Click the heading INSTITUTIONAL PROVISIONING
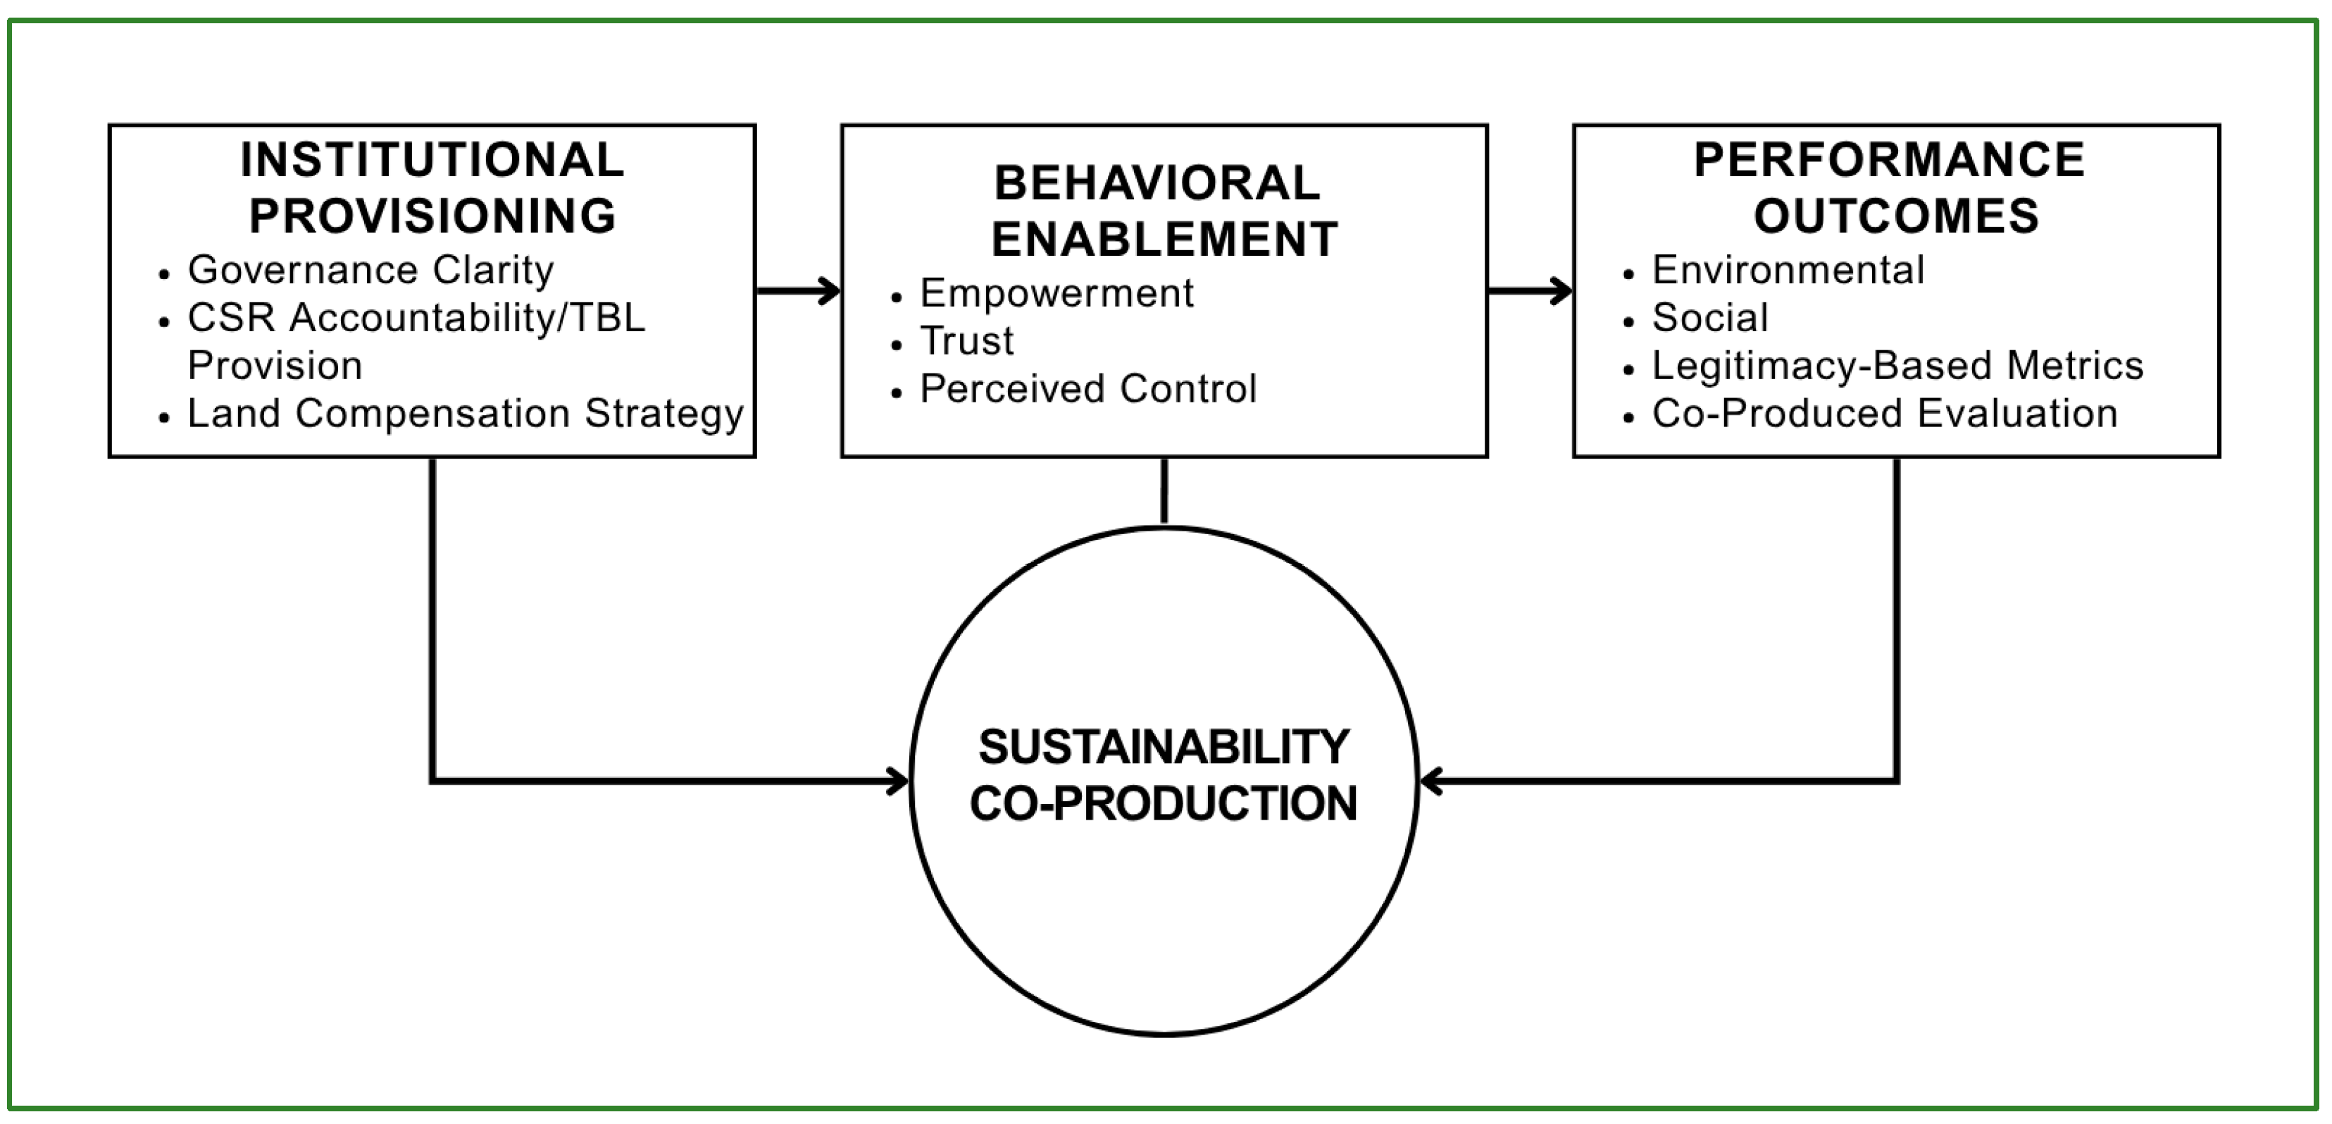[x=432, y=187]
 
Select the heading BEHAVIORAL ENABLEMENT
[x=1164, y=211]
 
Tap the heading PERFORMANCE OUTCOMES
[x=1895, y=187]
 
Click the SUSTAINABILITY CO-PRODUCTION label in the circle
[x=1164, y=775]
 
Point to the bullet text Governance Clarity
[x=370, y=270]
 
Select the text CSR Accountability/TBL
[x=416, y=318]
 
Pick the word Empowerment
[x=1056, y=293]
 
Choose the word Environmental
[x=1788, y=270]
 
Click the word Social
[x=1709, y=318]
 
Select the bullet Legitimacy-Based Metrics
[x=1897, y=366]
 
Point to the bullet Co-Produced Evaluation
[x=1885, y=414]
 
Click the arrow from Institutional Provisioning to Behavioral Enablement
[x=797, y=291]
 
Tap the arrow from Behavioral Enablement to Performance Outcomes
[x=1529, y=291]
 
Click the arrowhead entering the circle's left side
[x=898, y=781]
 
